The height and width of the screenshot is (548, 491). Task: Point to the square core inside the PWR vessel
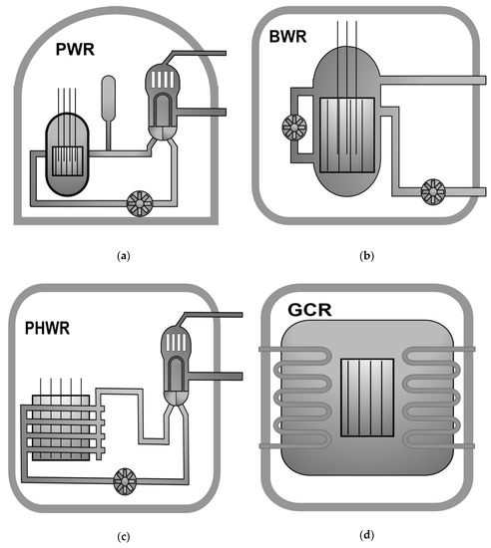click(67, 160)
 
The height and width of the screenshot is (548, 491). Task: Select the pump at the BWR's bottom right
click(433, 190)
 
